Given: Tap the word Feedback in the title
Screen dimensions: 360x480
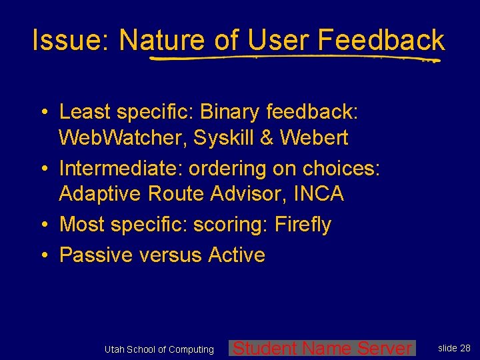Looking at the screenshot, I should pos(381,41).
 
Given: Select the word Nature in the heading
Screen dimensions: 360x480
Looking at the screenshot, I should pos(162,41).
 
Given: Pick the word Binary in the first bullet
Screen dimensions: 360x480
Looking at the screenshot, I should pos(232,111).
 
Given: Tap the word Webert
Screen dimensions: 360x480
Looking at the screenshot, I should pos(314,138).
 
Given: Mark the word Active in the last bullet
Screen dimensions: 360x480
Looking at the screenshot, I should pos(237,255).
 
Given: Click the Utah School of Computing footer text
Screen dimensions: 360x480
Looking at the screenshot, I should pos(159,349).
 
